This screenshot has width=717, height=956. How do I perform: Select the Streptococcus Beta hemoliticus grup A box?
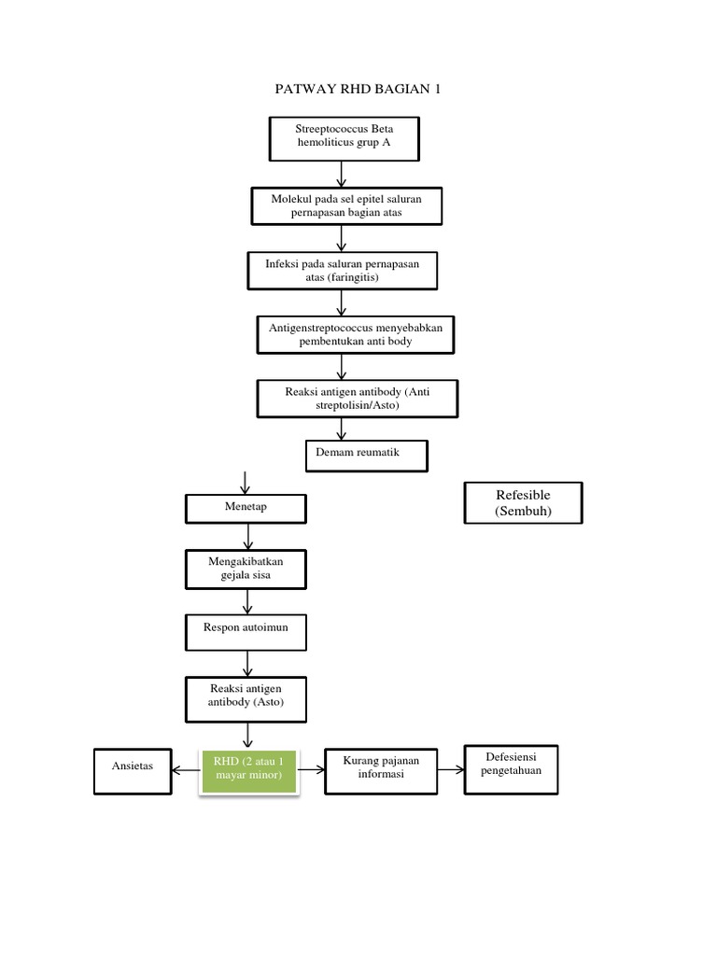point(344,138)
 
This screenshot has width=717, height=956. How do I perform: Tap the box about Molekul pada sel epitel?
point(344,206)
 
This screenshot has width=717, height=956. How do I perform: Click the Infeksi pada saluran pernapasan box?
point(342,271)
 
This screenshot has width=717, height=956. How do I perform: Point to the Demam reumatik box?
point(366,456)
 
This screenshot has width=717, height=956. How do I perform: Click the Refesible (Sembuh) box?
point(523,503)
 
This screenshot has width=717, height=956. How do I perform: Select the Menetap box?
point(246,508)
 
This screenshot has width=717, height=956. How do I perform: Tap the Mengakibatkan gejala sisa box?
point(246,569)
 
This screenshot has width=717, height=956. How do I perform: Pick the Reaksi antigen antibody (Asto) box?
point(247,696)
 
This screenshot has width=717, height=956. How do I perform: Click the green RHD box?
point(248,768)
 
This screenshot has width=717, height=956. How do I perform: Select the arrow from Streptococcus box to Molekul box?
point(342,174)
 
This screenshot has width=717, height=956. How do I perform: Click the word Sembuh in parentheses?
point(523,512)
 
